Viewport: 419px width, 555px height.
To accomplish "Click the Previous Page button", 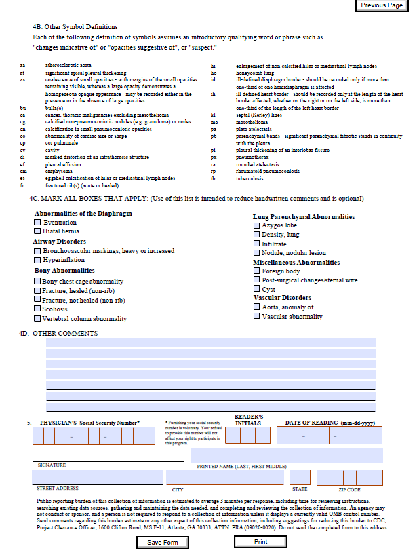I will tap(382, 5).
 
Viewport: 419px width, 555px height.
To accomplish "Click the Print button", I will tap(260, 542).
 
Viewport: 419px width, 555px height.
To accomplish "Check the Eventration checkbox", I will tap(38, 223).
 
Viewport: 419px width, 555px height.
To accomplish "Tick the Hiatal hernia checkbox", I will tap(38, 231).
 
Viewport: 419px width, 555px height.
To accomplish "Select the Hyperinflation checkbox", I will tap(38, 260).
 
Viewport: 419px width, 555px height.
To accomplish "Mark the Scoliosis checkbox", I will tap(38, 309).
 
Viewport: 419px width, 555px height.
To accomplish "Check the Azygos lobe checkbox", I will tap(256, 225).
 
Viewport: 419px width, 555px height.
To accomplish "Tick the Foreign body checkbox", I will tap(256, 271).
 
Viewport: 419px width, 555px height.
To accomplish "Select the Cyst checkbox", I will tap(256, 289).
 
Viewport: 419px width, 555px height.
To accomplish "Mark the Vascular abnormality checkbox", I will tap(256, 316).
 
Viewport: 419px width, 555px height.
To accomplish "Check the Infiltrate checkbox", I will tap(256, 244).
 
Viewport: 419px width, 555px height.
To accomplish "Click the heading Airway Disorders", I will tap(60, 242).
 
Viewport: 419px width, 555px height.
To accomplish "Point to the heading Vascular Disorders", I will tap(282, 298).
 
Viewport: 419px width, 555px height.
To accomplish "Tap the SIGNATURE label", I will tap(52, 465).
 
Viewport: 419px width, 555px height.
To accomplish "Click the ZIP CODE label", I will tap(349, 489).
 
